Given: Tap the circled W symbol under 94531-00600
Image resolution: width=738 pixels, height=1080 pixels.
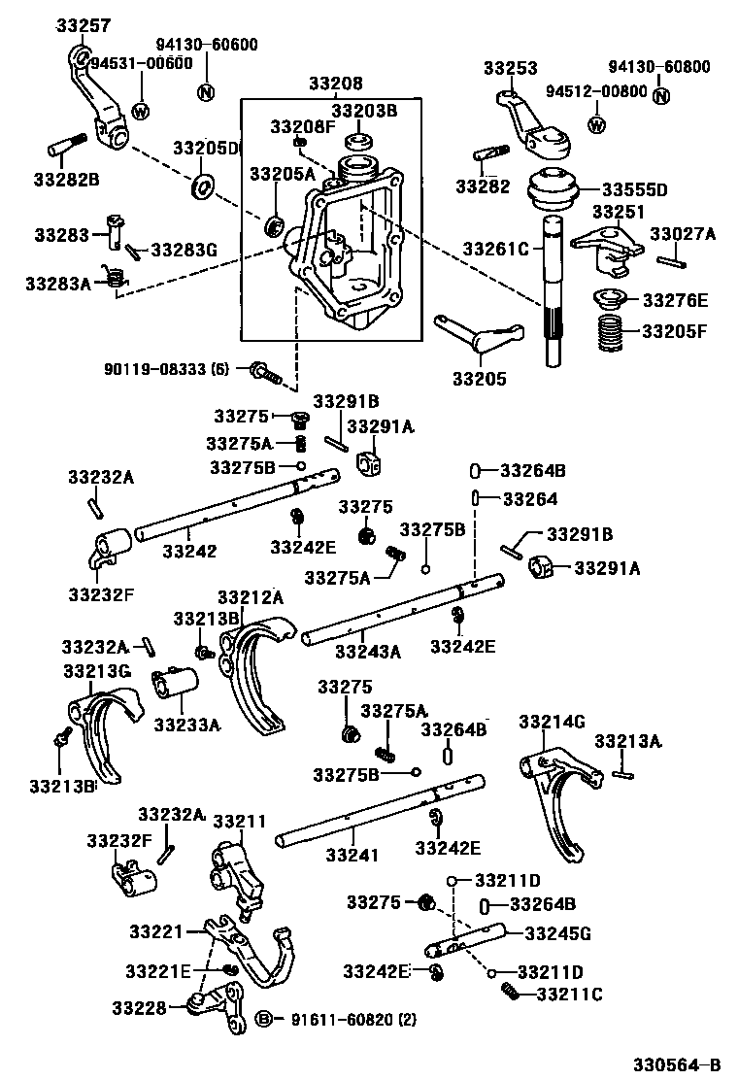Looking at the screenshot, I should [141, 110].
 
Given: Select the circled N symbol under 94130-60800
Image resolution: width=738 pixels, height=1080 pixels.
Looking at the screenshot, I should [661, 95].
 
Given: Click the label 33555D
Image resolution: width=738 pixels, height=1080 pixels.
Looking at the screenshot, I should [661, 188].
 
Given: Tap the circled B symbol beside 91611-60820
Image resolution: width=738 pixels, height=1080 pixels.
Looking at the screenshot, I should [263, 1018].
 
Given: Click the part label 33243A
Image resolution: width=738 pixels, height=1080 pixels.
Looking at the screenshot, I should [367, 652].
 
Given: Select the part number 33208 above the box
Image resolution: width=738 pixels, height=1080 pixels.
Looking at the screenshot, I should [336, 84].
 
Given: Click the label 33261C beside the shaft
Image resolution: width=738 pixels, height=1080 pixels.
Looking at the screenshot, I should [496, 250].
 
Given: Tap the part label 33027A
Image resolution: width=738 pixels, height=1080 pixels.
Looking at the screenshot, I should [683, 234].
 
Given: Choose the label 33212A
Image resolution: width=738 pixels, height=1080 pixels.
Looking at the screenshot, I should [250, 596].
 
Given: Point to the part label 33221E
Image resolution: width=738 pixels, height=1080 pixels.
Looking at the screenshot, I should [158, 971].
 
